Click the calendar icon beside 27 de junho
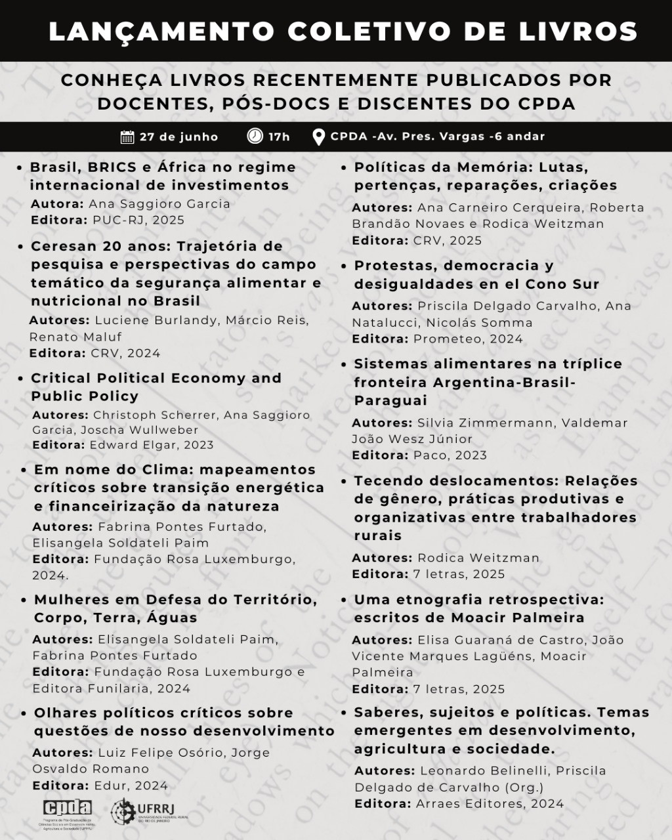[127, 136]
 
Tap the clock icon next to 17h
[255, 136]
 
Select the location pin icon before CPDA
[319, 137]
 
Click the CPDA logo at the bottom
[67, 807]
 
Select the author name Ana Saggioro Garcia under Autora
[159, 203]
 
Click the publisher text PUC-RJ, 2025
[138, 220]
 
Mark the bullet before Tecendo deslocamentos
[344, 482]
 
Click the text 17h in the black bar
[279, 136]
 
